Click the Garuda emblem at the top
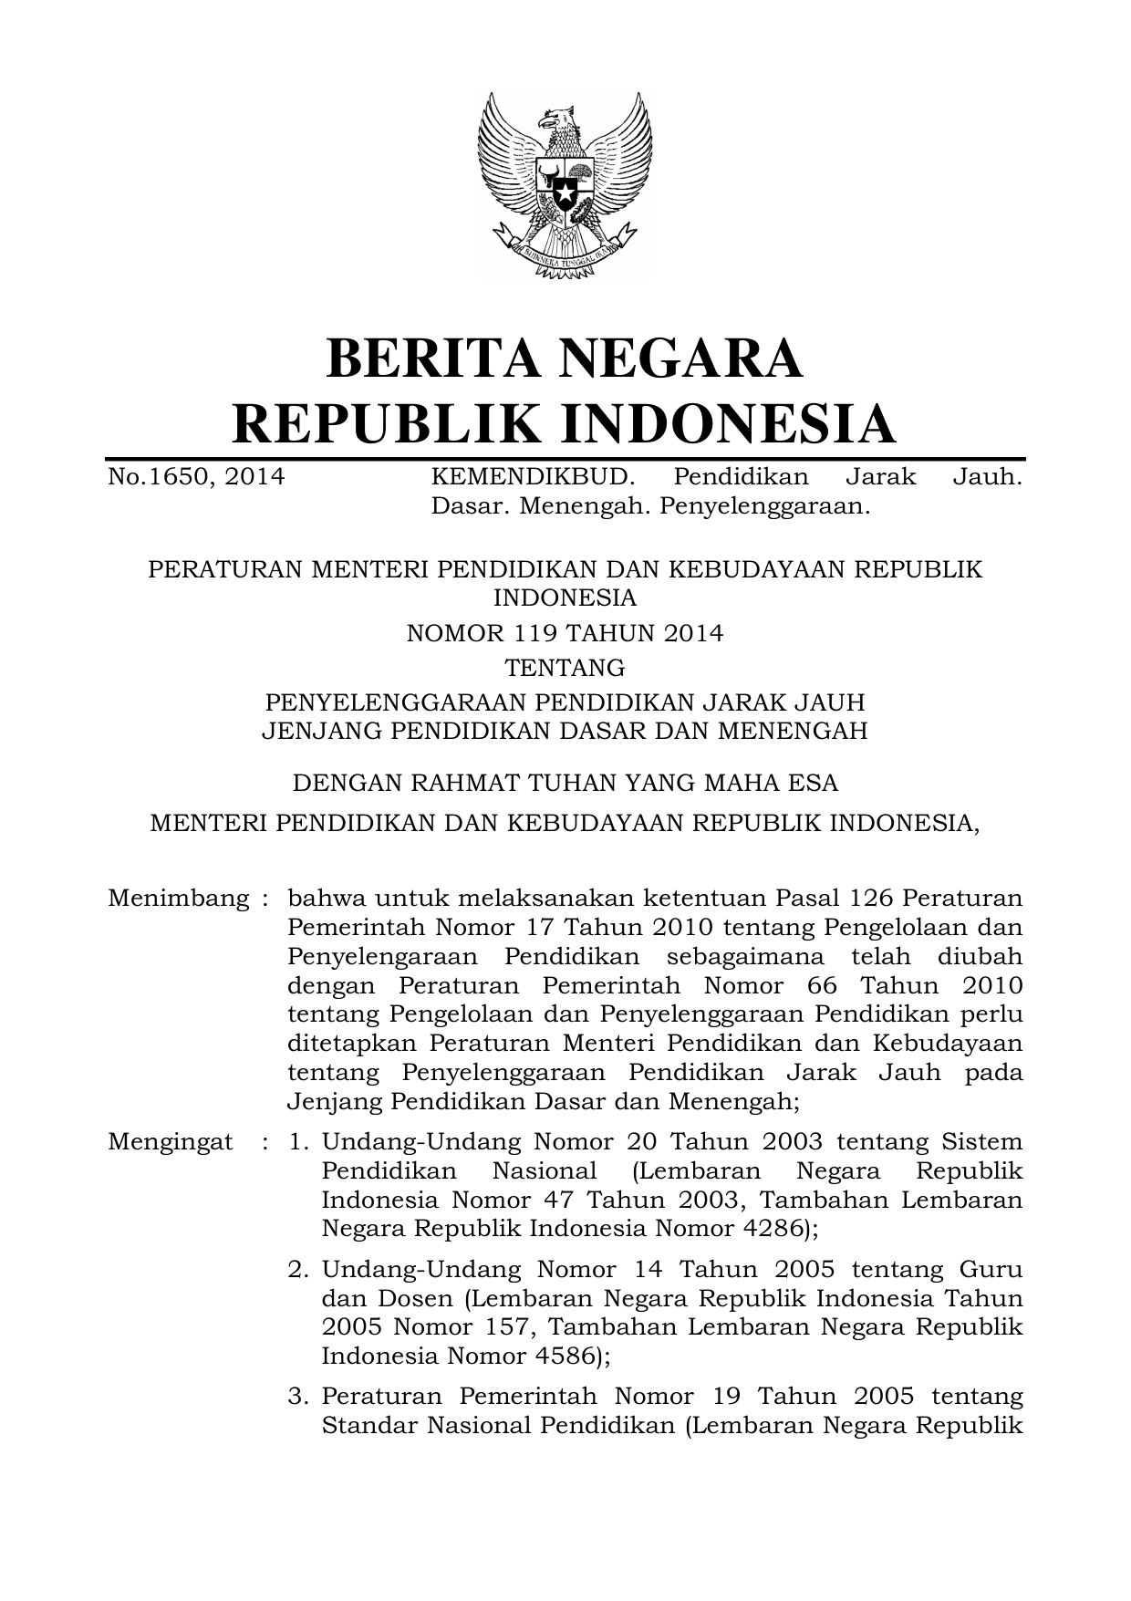(x=565, y=183)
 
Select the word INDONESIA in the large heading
(x=726, y=423)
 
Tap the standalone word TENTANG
(x=565, y=668)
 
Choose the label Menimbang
(x=179, y=899)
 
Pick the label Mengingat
(x=171, y=1142)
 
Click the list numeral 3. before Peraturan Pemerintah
(x=299, y=1397)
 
